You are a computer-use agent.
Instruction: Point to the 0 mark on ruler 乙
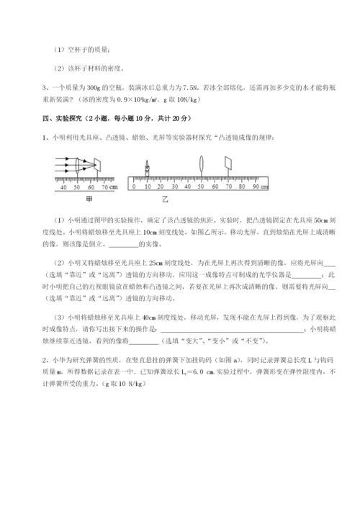click(132, 186)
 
